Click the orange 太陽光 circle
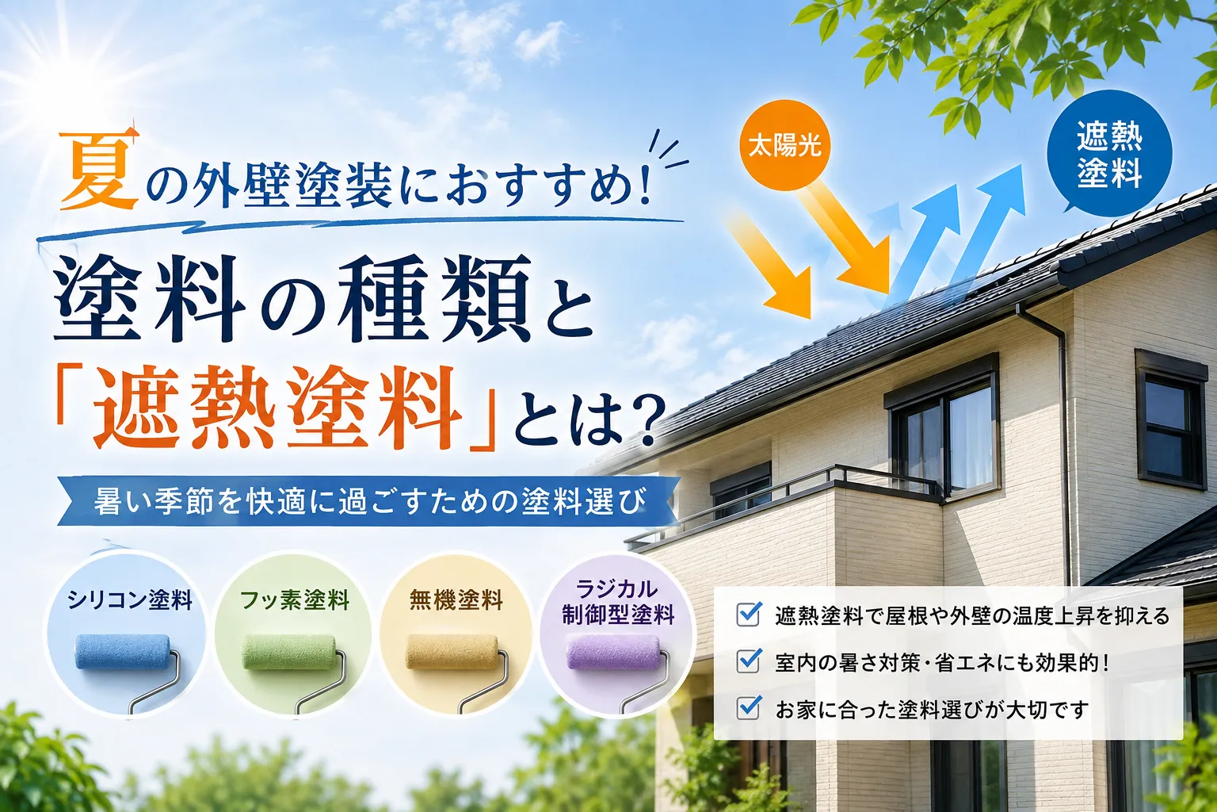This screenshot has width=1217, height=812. (x=784, y=147)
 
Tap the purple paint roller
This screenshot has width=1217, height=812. (x=620, y=670)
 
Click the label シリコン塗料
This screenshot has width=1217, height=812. (x=130, y=600)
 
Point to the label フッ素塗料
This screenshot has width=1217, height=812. (x=295, y=600)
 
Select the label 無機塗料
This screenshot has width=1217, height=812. (x=456, y=600)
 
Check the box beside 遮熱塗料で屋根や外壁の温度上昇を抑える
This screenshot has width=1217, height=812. (x=748, y=614)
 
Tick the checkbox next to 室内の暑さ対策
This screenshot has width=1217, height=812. (x=748, y=661)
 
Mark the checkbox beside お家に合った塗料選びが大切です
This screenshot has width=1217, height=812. (x=748, y=707)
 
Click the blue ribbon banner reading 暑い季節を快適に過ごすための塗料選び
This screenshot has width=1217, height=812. (x=369, y=501)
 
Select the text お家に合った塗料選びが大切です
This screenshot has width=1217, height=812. (x=933, y=709)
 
